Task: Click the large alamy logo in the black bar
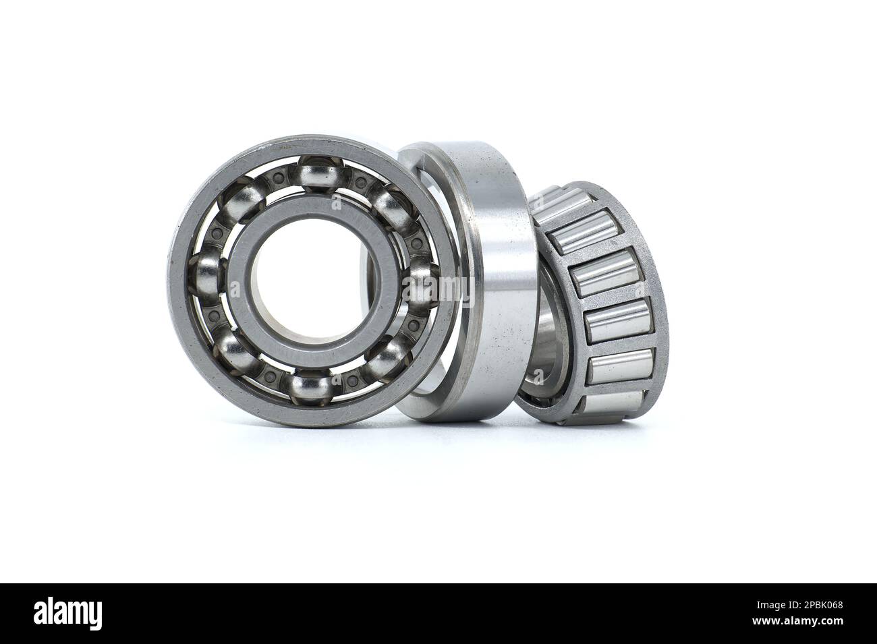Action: [68, 614]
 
